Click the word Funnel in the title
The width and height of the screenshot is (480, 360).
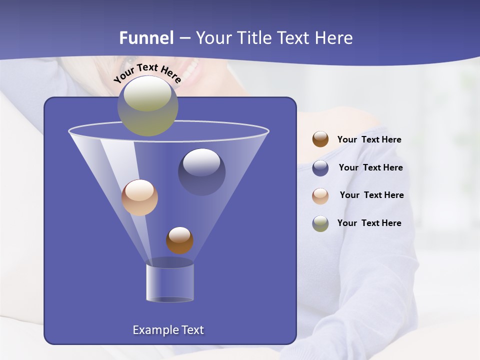[x=146, y=38]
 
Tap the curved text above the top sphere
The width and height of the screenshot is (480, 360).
[x=147, y=73]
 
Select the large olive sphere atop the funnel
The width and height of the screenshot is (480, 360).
[x=147, y=106]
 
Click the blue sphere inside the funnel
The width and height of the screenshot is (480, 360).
[x=201, y=171]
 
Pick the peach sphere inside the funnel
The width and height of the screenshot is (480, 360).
[x=139, y=197]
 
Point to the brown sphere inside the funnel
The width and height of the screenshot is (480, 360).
[x=179, y=240]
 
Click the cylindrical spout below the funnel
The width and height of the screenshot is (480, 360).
[x=169, y=282]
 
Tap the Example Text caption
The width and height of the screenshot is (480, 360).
[x=168, y=330]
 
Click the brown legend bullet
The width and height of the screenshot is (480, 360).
[x=320, y=139]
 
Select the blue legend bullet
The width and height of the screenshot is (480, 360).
[x=320, y=167]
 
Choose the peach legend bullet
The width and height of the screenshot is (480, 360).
[x=320, y=195]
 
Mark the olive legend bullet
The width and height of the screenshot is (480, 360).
[x=320, y=223]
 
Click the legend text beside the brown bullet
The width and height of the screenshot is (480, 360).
[x=369, y=139]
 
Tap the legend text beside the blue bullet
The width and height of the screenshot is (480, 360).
[x=370, y=167]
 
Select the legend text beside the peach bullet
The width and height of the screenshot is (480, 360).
[x=371, y=195]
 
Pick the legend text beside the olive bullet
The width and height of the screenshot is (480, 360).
[x=369, y=223]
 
